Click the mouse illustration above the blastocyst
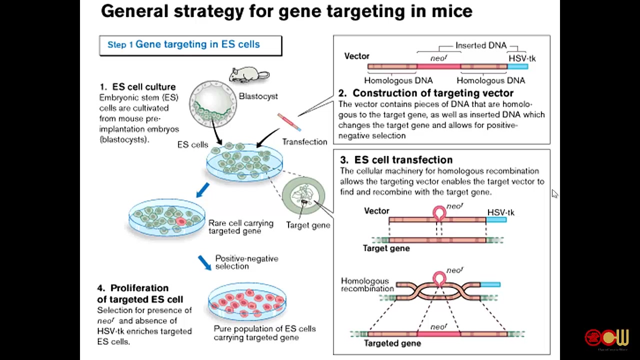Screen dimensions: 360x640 (249, 75)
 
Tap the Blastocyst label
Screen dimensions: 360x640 (258, 96)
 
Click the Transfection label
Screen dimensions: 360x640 (304, 142)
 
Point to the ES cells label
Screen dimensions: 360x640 (192, 145)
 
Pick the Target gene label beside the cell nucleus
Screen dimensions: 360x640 (308, 225)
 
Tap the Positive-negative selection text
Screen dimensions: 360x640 (246, 262)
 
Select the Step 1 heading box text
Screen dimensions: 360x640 (183, 44)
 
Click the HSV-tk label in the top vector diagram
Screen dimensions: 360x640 (521, 58)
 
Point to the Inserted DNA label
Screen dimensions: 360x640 (480, 45)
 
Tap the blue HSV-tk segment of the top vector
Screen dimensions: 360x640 (517, 66)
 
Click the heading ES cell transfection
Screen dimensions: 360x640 (403, 160)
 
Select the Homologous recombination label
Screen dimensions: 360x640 (367, 285)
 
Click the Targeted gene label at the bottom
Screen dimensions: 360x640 (392, 343)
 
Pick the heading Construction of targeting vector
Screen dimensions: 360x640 (432, 93)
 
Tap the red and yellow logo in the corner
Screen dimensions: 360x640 (606, 338)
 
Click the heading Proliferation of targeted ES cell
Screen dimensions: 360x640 (140, 294)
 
